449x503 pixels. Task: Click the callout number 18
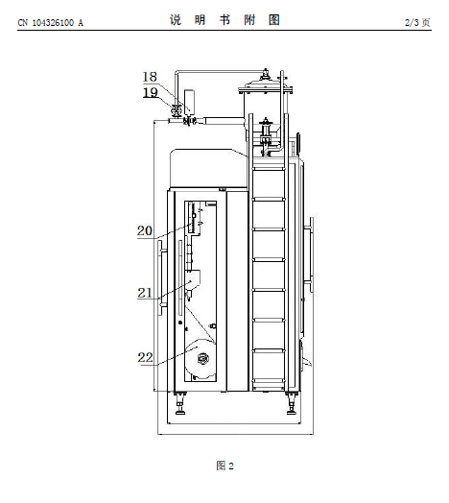tap(150, 77)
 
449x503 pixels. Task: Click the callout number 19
tap(150, 93)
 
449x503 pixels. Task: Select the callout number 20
tap(145, 230)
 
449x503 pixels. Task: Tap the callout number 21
tap(145, 293)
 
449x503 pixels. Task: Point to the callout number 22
tap(145, 357)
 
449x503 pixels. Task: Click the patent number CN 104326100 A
tap(50, 23)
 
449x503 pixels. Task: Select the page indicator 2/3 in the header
tap(412, 22)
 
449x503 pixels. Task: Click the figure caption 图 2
tap(224, 466)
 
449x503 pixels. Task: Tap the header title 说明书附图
tap(224, 20)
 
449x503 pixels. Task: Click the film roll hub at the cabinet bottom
tap(203, 358)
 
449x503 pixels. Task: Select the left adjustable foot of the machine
tap(179, 403)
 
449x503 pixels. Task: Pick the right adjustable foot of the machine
tap(292, 403)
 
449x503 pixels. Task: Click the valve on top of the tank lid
tap(266, 75)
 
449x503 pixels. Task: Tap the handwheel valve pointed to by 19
tap(176, 110)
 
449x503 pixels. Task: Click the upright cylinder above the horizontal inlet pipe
tap(190, 101)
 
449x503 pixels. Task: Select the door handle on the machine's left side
tap(161, 277)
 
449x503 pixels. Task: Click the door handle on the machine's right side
tap(310, 254)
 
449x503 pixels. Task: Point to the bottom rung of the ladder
tap(269, 380)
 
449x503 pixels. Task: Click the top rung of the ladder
tap(269, 168)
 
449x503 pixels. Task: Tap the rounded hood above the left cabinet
tap(208, 168)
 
